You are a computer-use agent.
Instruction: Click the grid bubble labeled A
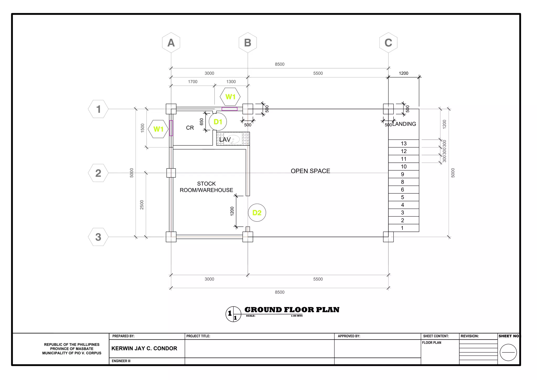coord(171,43)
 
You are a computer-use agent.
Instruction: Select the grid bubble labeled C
coord(388,43)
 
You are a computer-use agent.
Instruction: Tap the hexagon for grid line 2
coord(98,173)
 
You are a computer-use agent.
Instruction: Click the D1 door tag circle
coord(218,122)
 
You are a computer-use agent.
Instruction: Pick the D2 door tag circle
coord(257,213)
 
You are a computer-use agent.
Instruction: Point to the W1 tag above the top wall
coord(230,97)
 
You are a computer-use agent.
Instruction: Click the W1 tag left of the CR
coord(158,129)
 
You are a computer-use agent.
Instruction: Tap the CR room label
coord(190,128)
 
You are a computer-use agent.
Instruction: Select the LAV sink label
coord(225,139)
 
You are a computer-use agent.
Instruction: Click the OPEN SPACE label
coord(310,171)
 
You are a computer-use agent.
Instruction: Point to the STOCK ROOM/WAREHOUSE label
coord(206,187)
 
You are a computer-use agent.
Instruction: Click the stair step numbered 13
coord(404,144)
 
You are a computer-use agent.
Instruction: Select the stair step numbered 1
coord(402,228)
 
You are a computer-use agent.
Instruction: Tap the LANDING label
coord(404,124)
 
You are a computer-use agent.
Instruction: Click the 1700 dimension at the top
coord(192,82)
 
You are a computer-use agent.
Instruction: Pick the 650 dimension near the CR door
coord(201,122)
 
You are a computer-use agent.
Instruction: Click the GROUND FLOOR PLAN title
coord(292,310)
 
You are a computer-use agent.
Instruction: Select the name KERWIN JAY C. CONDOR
coord(144,349)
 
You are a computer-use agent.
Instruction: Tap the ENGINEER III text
coord(121,361)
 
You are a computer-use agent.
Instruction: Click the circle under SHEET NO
coord(508,352)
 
